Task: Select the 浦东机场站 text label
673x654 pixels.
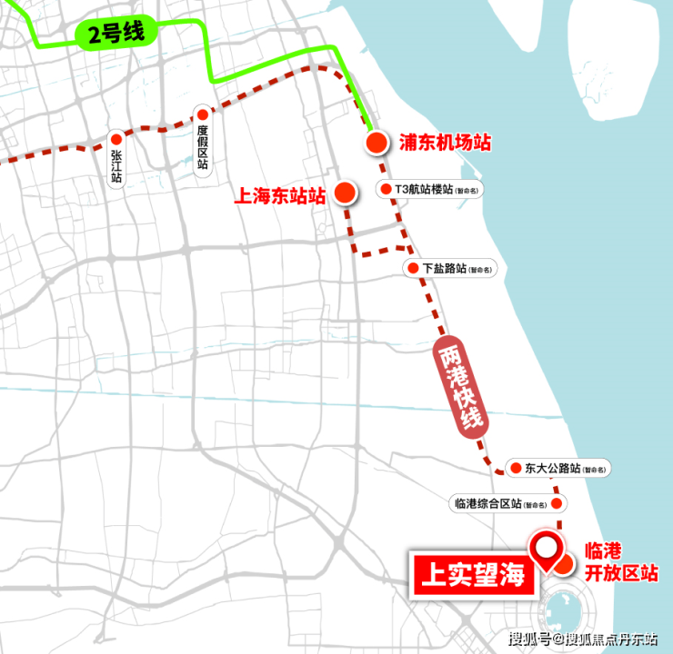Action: [445, 144]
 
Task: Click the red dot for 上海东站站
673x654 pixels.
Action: [345, 192]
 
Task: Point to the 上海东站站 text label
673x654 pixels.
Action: [280, 195]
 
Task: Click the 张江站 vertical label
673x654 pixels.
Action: [116, 159]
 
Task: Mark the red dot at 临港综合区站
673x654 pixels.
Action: [557, 502]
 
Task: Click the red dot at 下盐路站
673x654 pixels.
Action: [415, 269]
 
